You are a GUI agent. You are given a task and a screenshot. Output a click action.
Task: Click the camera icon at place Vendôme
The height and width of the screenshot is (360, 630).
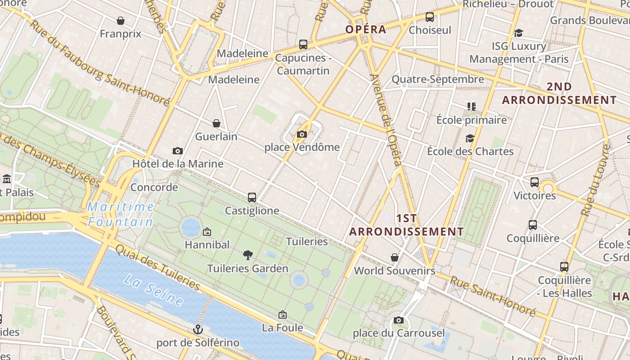coord(302,134)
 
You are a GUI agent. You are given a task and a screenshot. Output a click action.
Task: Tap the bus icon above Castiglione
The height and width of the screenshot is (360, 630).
coord(252,197)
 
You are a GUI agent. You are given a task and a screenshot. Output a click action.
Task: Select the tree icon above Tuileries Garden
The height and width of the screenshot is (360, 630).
coord(247,255)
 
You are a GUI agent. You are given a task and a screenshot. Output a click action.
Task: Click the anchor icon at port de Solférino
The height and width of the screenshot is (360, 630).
coord(198,329)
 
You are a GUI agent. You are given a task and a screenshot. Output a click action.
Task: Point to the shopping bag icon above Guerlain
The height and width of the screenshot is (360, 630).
coord(216,123)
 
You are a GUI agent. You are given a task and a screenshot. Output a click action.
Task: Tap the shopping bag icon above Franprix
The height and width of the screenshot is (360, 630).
coord(121,21)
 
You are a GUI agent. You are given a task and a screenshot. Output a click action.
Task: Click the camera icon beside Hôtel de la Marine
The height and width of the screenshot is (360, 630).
coord(178,151)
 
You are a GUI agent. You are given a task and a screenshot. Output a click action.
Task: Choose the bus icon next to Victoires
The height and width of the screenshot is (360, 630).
coord(535,182)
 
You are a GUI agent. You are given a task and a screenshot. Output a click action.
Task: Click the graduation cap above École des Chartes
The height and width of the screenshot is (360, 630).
coord(470,138)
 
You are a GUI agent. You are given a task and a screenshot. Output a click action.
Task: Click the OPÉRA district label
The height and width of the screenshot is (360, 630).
coord(366,30)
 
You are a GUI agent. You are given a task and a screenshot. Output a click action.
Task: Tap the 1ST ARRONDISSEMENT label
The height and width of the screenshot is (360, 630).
coord(406,225)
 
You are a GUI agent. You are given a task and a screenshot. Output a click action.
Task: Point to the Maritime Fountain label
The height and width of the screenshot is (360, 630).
coord(121,214)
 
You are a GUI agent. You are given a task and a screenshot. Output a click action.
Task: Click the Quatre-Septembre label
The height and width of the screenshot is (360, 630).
coord(437,80)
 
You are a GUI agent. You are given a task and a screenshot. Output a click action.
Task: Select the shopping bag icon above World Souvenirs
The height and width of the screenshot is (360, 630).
coord(395,257)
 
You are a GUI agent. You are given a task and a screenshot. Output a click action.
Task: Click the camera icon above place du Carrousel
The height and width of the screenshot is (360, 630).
coord(398,320)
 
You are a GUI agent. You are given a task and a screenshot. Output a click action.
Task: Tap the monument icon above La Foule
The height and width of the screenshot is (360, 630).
coord(283,315)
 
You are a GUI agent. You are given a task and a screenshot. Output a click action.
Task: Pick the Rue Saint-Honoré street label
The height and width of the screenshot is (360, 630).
coord(493,297)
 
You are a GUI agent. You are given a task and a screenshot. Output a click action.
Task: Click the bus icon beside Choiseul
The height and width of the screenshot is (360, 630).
coord(430,17)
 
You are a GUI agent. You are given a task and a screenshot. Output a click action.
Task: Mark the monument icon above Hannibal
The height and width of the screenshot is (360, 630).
coord(207,232)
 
